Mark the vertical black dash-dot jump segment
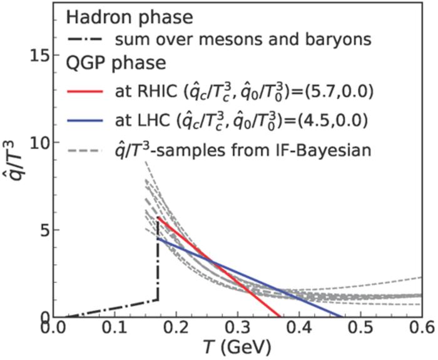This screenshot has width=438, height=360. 157,269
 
